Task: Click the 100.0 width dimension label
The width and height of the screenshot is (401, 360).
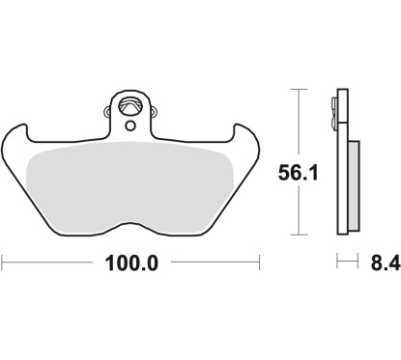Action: click(x=131, y=263)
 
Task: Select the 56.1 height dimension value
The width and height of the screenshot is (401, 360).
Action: click(x=298, y=173)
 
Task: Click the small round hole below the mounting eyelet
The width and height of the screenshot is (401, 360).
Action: click(x=130, y=125)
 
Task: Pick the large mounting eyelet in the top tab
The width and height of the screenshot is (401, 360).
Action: click(x=130, y=106)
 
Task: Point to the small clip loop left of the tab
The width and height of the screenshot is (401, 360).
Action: click(x=107, y=111)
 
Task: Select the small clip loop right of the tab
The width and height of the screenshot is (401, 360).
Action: click(x=153, y=111)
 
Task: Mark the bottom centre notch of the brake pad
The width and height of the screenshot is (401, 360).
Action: click(x=130, y=223)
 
